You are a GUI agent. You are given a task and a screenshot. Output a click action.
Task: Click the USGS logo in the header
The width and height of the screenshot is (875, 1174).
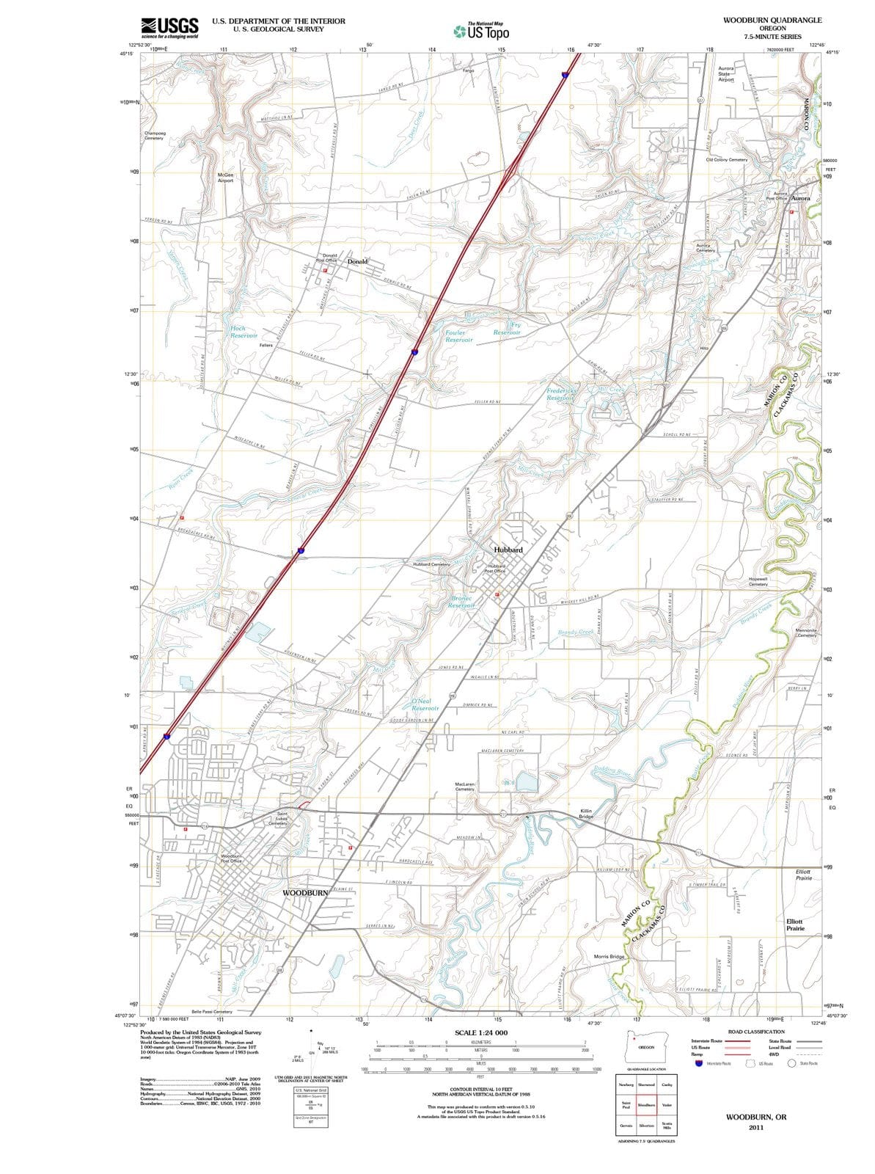coord(170,27)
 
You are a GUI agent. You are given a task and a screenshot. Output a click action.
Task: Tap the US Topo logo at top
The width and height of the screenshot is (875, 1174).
coord(481,32)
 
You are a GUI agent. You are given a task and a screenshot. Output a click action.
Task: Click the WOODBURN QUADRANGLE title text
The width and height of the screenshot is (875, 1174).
coord(772,20)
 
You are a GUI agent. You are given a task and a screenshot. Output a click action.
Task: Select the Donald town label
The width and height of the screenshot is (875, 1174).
coord(357,261)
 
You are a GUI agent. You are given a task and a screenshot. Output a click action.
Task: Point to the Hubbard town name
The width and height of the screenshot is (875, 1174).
coord(508,550)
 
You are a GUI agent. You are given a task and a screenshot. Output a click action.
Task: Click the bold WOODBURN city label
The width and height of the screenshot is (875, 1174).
coord(305,892)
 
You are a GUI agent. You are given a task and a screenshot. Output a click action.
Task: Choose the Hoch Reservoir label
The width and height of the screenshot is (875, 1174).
coord(243,332)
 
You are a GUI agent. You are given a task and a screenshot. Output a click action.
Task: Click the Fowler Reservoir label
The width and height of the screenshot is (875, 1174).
coord(458,336)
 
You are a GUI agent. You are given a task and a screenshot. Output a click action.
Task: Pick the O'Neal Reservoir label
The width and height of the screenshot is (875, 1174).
coord(425,704)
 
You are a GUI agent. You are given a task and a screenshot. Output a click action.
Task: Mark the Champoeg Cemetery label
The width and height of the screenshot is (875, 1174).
coord(154,136)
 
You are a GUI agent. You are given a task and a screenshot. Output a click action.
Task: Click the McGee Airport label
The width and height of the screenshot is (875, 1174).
coord(225,178)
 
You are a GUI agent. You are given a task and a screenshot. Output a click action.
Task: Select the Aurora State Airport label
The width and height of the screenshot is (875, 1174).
coord(725,73)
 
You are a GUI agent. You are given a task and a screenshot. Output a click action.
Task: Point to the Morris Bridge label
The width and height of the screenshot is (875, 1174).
coord(609,957)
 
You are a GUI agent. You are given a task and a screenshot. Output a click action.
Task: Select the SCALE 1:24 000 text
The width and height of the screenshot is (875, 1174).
coord(480,1032)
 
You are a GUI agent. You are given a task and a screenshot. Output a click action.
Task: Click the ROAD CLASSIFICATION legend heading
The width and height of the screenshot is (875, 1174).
coord(756,1032)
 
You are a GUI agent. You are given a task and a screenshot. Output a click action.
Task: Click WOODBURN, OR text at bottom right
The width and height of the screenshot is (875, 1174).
coord(755,1117)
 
